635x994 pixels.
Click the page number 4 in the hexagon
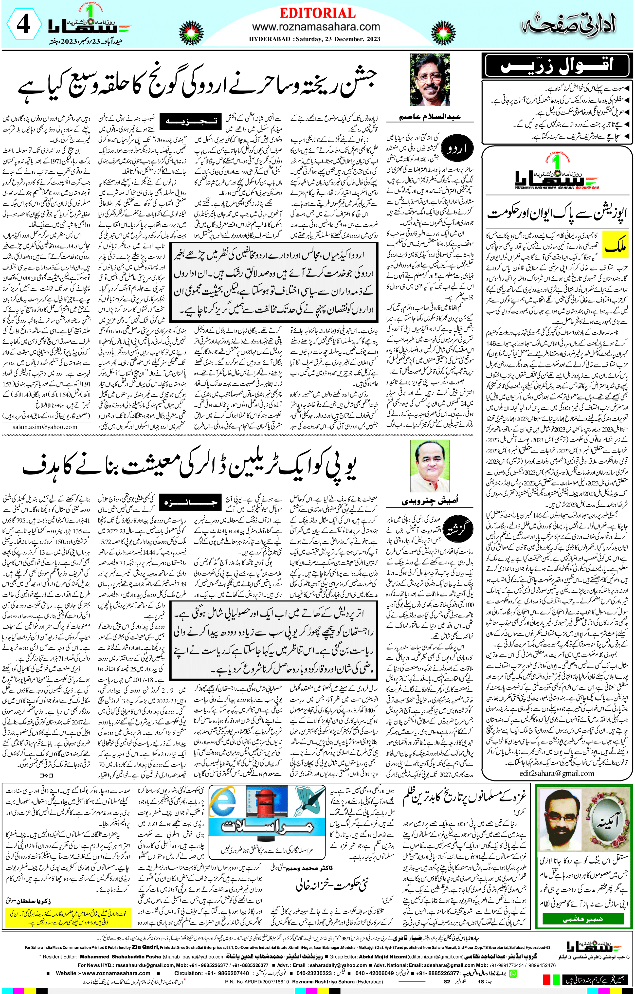[23, 25]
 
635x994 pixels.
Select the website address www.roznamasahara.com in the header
[316, 27]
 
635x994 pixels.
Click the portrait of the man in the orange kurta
[429, 466]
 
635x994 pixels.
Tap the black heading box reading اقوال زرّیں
[557, 66]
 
